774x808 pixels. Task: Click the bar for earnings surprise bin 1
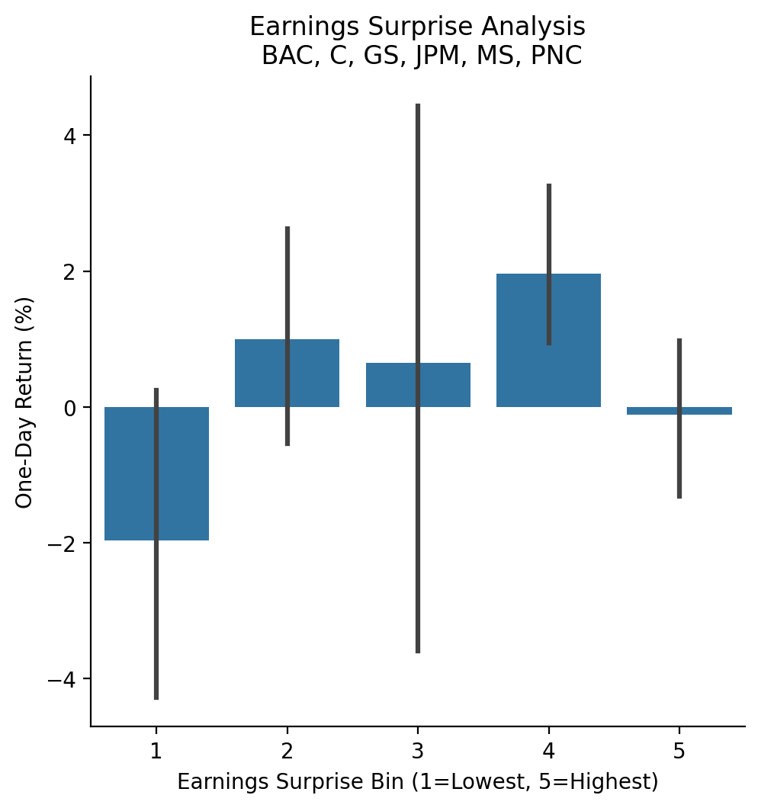130,473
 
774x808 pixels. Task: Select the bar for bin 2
259,374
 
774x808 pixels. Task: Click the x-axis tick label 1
156,752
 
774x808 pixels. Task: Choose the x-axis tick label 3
418,752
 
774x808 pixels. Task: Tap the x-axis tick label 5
679,752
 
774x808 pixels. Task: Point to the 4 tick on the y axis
70,136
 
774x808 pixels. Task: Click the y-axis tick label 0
70,408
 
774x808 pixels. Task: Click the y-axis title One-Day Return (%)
24,402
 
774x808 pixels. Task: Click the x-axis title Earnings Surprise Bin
418,782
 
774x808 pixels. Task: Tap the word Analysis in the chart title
538,27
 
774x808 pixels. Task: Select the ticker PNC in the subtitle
557,56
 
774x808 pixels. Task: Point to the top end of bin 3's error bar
418,105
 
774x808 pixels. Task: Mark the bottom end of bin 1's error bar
156,697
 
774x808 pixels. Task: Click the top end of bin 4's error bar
549,185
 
